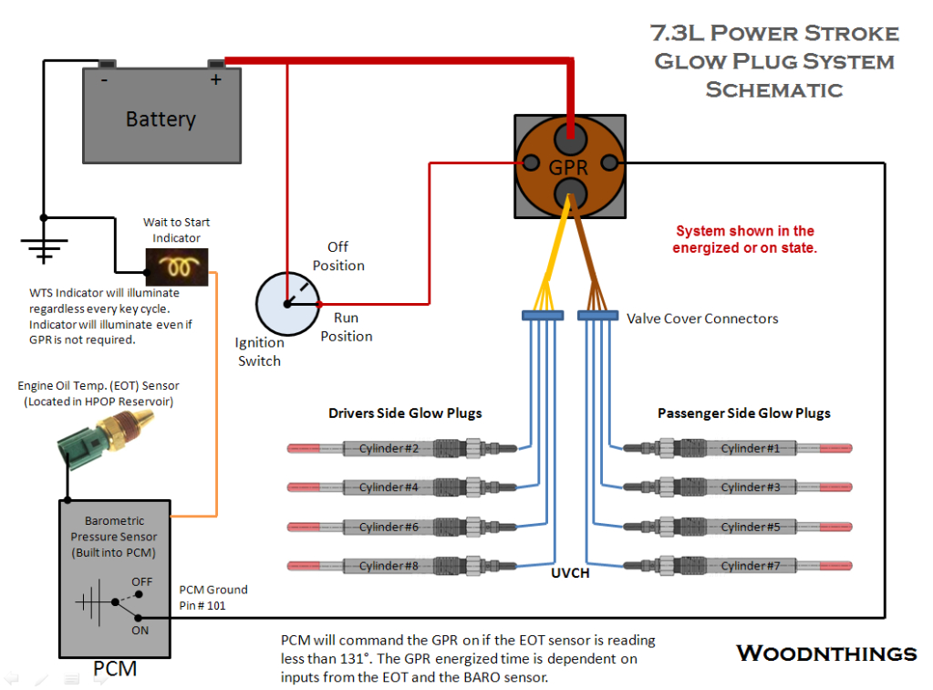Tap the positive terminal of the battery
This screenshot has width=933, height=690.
click(x=216, y=65)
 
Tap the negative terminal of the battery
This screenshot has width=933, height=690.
click(x=107, y=65)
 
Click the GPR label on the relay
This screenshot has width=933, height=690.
click(x=568, y=168)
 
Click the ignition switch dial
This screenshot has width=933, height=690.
click(x=287, y=304)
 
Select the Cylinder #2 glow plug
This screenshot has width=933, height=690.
click(x=401, y=448)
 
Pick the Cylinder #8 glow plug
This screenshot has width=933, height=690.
click(x=401, y=566)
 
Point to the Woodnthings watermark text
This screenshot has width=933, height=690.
click(x=826, y=653)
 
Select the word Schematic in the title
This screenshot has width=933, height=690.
click(x=773, y=89)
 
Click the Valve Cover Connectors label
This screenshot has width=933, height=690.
click(x=702, y=319)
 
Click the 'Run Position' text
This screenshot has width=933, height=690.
click(x=346, y=327)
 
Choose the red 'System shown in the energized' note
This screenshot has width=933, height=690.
click(x=744, y=239)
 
